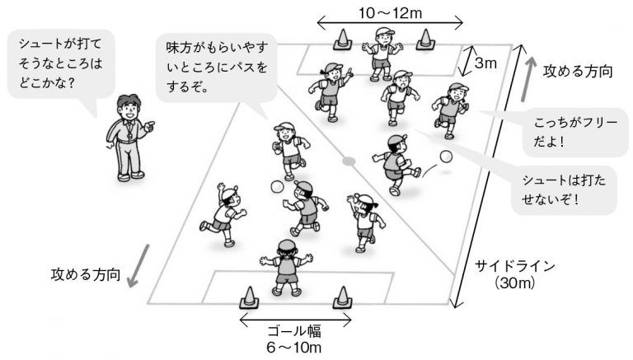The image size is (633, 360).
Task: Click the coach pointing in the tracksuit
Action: click(x=128, y=136)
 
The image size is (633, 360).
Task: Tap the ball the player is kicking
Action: click(x=446, y=157)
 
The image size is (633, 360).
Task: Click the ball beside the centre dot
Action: click(x=277, y=187)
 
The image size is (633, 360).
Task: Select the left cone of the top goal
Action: click(x=340, y=40)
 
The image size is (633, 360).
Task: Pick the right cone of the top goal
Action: click(x=425, y=39)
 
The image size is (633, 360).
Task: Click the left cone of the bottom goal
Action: click(x=248, y=297)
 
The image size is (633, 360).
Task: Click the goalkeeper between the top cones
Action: click(x=382, y=52)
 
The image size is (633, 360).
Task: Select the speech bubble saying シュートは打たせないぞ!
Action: click(x=564, y=189)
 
